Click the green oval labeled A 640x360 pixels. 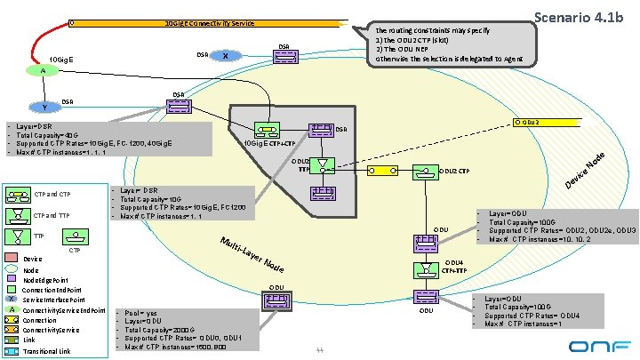coord(42,70)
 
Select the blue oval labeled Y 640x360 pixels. coord(44,108)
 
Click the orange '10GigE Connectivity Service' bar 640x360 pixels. coord(210,23)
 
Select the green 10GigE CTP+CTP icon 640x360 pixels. coord(266,128)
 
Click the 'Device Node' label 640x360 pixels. coord(587,172)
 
